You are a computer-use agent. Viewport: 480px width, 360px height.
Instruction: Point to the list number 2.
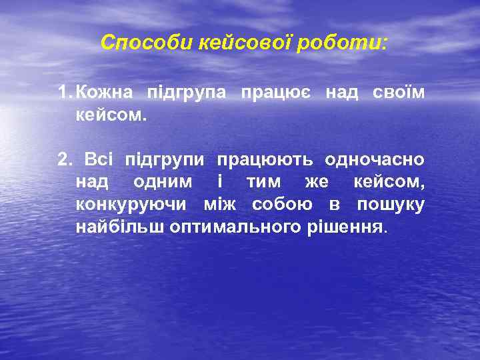pos(64,160)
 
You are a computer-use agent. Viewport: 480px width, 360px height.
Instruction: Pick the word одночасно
pos(374,160)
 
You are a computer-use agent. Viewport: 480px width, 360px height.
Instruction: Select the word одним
pos(163,182)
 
